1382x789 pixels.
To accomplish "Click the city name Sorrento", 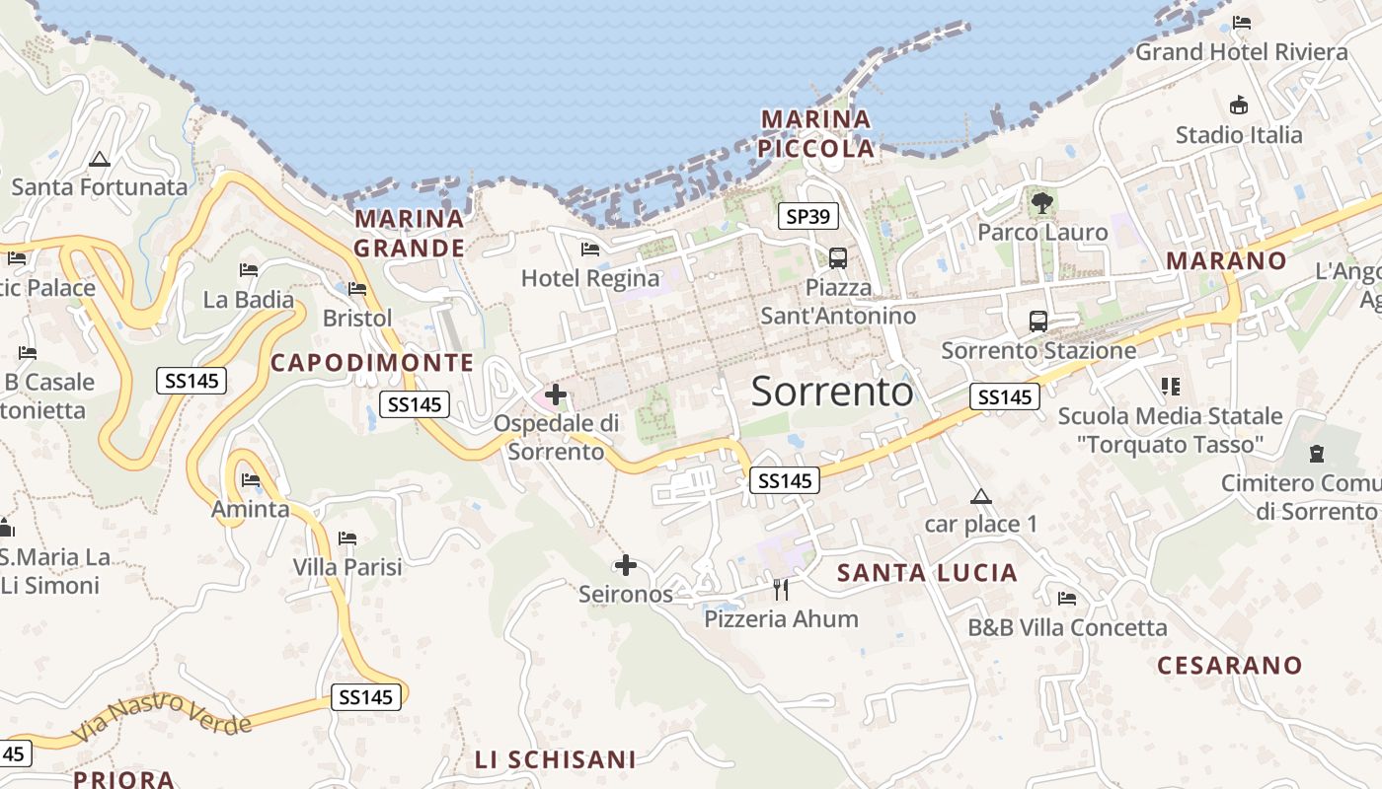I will coord(832,392).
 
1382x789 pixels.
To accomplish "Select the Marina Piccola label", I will coord(817,134).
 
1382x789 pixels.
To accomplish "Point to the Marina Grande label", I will coord(409,233).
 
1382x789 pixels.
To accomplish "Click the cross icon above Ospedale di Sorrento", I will coord(556,395).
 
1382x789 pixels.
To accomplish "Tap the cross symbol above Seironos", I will coord(626,565).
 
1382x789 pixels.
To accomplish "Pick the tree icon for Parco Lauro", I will coord(1041,204).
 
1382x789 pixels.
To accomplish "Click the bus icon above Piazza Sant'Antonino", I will coord(838,258).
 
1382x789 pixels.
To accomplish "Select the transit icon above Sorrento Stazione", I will coord(1038,321).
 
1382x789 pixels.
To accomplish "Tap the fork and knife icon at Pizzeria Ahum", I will coord(781,590).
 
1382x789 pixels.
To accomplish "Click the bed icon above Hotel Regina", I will coord(590,250).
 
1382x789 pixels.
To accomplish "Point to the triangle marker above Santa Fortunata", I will coord(99,160).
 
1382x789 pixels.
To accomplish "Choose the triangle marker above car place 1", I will coord(980,496).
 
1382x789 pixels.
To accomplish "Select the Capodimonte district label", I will coord(372,363).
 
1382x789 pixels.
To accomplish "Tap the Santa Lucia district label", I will coord(927,573).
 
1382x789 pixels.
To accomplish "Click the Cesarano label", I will coord(1230,666).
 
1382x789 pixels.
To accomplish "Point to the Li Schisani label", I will coord(555,759).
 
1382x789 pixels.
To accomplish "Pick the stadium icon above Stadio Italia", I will coord(1238,105).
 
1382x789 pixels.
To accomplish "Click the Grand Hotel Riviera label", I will coord(1241,52).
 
